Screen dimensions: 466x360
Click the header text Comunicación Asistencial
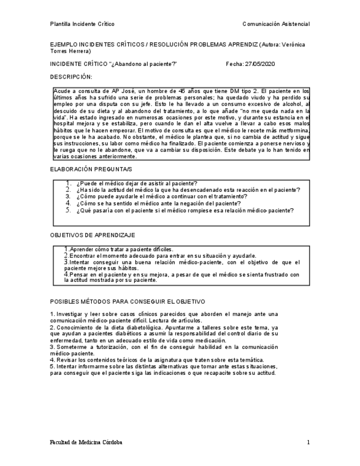(x=275, y=24)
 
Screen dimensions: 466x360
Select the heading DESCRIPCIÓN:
(x=71, y=76)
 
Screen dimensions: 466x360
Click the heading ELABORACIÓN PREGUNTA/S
(x=91, y=169)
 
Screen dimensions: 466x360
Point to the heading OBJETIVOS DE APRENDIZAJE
(x=93, y=235)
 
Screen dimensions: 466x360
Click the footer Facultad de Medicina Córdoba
(x=86, y=442)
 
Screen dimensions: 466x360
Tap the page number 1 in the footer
(x=308, y=442)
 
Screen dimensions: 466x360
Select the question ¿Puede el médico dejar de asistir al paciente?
(x=137, y=183)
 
